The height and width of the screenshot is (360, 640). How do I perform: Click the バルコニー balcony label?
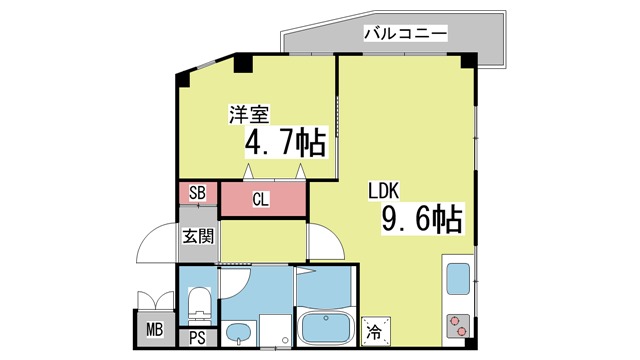(405, 33)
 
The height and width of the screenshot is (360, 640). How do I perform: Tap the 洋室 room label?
(249, 114)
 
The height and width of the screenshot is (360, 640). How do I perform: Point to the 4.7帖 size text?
(286, 143)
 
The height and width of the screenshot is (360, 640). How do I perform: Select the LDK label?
(384, 191)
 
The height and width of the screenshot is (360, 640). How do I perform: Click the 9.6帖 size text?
(422, 218)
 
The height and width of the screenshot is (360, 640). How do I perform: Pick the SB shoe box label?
(198, 193)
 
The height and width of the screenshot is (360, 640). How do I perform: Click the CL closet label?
(260, 200)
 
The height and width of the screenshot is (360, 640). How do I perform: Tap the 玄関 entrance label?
(198, 236)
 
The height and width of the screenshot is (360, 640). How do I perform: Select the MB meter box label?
(155, 329)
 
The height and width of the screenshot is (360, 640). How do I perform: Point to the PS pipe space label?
(198, 338)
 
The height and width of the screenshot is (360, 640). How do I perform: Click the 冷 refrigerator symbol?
(376, 331)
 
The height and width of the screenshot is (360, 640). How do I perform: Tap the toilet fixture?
(200, 306)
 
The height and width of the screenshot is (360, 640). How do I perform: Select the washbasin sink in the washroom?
(239, 334)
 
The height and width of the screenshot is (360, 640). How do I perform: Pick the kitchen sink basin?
(458, 279)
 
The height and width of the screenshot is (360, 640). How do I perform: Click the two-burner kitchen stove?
(458, 326)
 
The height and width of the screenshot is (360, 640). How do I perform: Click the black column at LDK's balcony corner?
(469, 60)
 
